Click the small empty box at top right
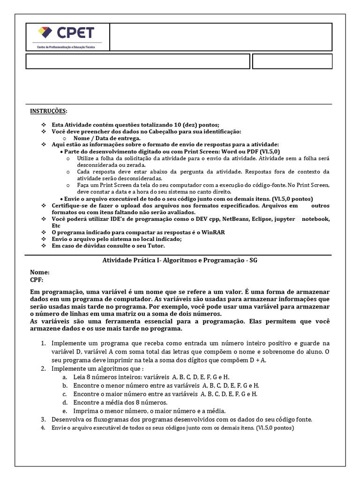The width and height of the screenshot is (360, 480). click(292, 61)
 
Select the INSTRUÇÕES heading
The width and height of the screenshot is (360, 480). click(48, 111)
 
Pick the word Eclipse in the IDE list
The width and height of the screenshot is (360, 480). click(262, 219)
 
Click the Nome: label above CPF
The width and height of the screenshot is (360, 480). click(40, 272)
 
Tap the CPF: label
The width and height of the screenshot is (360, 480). click(37, 279)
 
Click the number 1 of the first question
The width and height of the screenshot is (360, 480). click(43, 343)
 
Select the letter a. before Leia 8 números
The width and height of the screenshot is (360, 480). click(65, 377)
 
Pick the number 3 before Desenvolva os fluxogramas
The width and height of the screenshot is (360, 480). click(43, 419)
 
